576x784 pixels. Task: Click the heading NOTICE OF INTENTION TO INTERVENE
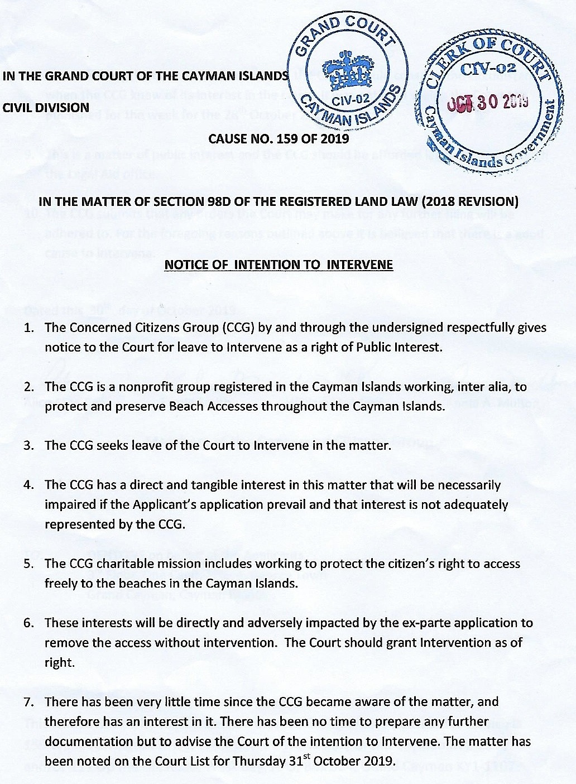[279, 264]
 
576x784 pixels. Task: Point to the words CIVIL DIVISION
[46, 107]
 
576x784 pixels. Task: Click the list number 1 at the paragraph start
[28, 328]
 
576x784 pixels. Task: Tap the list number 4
[28, 485]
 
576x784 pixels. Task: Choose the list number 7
[28, 701]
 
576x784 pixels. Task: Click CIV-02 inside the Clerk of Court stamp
[487, 69]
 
